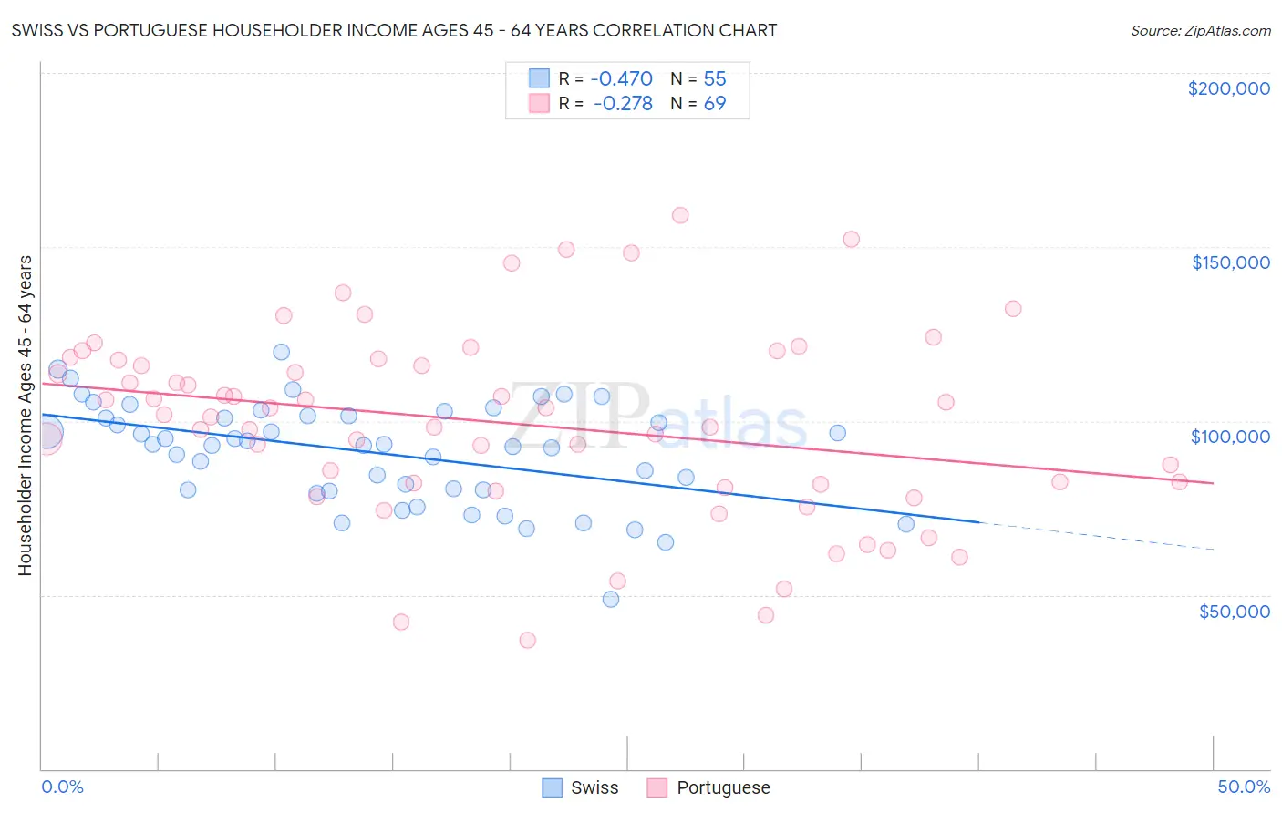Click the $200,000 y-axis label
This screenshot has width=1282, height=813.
(1228, 88)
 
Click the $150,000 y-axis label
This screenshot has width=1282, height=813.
(1230, 262)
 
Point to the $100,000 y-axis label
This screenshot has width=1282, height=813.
(1230, 437)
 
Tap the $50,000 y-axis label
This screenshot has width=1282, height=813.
(1234, 612)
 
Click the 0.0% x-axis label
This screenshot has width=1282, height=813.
(62, 787)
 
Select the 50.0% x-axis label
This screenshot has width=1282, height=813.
(1244, 787)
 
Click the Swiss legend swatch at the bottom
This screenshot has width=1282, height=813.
(552, 787)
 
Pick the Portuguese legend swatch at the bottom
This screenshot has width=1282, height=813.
(657, 787)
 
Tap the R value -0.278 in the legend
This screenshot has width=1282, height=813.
(623, 104)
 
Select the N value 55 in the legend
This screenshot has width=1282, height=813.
(715, 78)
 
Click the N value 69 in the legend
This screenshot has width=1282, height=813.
(715, 104)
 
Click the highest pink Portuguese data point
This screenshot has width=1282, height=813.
(680, 216)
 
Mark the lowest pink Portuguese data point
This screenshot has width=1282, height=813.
(527, 641)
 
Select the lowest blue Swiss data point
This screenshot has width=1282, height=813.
(611, 600)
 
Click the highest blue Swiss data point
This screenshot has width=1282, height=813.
(282, 352)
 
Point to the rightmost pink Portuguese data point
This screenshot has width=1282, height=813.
(1179, 482)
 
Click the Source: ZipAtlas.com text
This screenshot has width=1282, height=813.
(1200, 31)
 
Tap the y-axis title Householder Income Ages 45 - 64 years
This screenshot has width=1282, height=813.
(25, 416)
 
